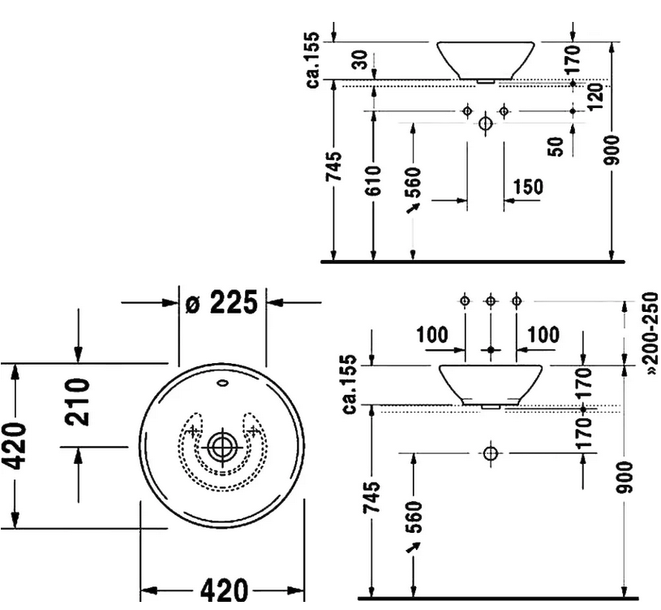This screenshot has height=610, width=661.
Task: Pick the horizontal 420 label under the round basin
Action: coord(224,592)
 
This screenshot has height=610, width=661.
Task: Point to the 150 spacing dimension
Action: coord(528,187)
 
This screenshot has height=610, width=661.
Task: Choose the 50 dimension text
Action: coord(556,146)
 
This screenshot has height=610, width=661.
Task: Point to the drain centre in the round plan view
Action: coord(221,446)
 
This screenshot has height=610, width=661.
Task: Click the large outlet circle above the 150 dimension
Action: coord(485,124)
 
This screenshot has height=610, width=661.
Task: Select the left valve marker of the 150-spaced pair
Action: coord(467,110)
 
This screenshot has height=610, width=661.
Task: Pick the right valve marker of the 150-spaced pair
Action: coord(504,110)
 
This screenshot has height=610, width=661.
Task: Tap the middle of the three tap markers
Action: coord(490,301)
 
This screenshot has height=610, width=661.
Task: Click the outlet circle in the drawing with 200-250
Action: coord(490,452)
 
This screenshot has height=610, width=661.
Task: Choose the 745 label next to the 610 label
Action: coord(334,168)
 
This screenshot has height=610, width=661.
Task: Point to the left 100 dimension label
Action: coord(431,335)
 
